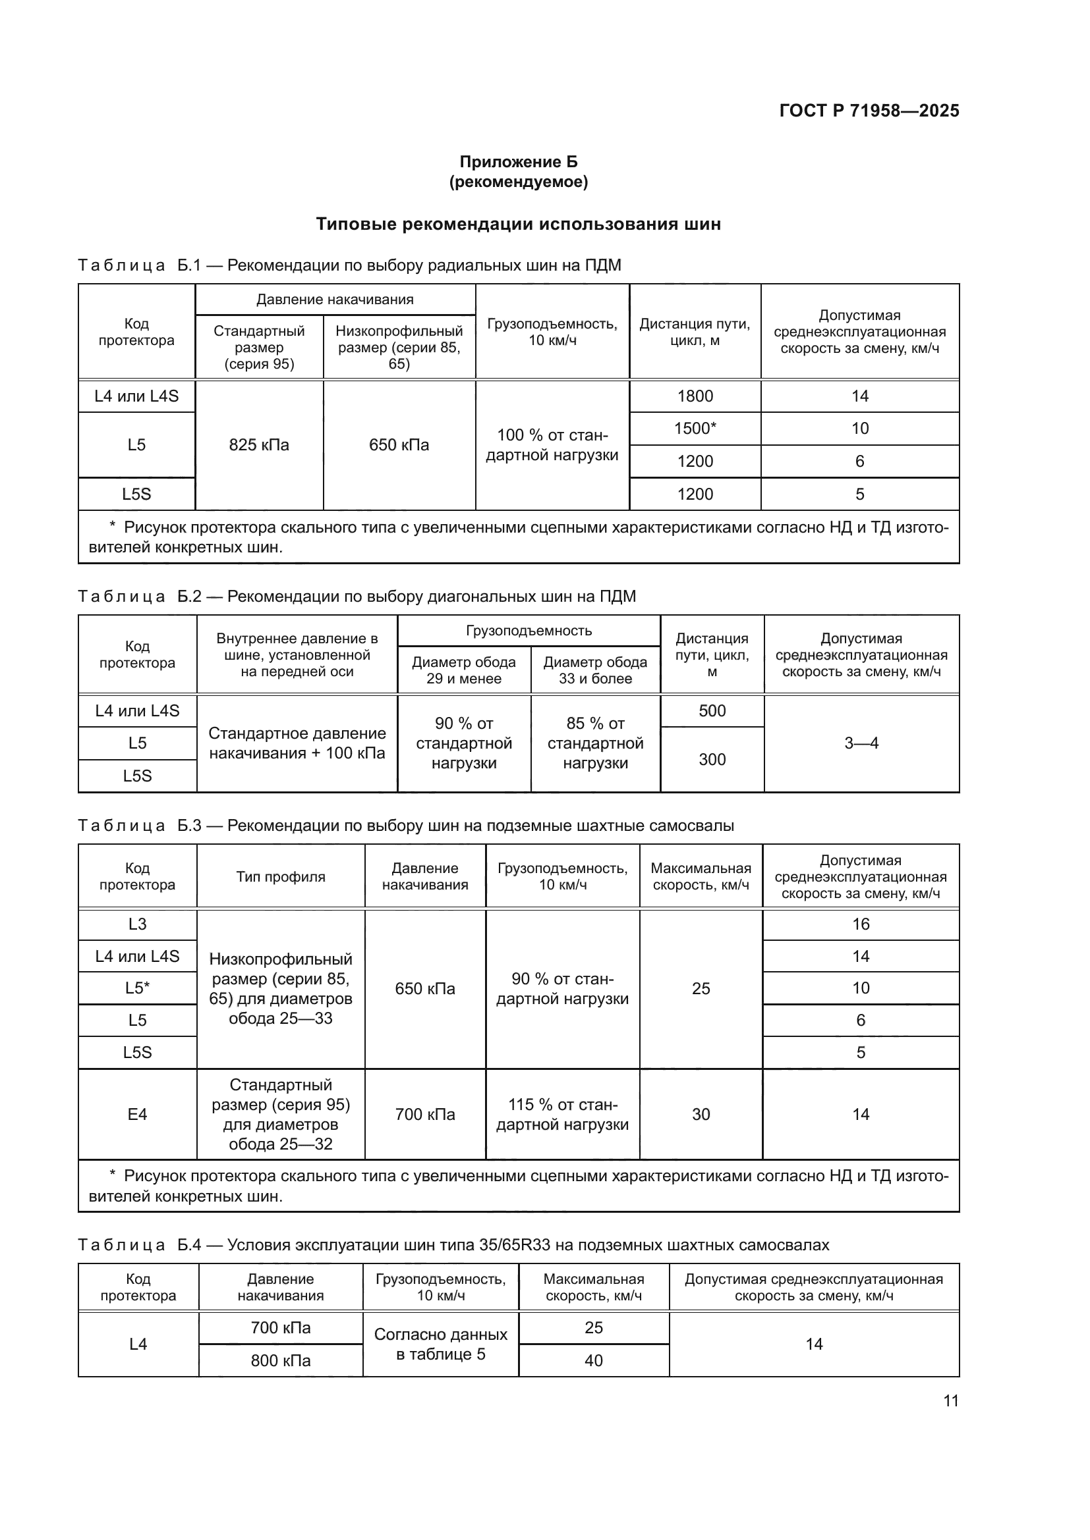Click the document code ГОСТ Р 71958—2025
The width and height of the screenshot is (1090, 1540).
pos(869,111)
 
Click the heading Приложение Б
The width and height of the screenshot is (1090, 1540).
pos(518,162)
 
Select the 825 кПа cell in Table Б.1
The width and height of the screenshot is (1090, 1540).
pos(259,444)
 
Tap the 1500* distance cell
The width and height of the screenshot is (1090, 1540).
pos(695,428)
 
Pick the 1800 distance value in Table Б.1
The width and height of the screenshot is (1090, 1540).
pos(695,396)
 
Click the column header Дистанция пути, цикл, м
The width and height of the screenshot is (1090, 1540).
pos(695,332)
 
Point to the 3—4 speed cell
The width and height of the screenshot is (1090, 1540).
pos(861,743)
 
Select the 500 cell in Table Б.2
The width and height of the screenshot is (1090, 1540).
pos(712,711)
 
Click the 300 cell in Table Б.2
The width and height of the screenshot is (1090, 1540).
pos(712,759)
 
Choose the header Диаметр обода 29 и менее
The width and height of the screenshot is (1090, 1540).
pos(464,670)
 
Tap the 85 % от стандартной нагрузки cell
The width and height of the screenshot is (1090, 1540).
pos(595,743)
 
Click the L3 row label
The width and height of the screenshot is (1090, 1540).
pos(138,924)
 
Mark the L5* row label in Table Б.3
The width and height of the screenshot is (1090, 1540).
pos(138,988)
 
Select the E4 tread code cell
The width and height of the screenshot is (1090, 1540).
pos(138,1114)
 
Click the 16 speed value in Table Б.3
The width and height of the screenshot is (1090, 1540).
pos(861,924)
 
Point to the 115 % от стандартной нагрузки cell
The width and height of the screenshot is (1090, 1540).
pos(562,1114)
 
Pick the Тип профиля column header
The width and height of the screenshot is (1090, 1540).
pos(281,876)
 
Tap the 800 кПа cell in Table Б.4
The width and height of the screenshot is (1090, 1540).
pos(281,1360)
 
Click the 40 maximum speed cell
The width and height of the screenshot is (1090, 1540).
pos(593,1360)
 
